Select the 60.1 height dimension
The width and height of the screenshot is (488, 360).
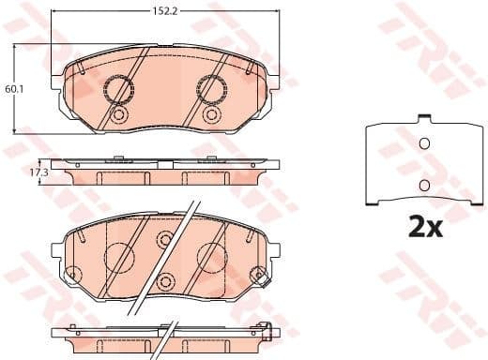point(12,89)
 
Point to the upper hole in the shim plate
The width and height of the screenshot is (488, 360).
point(422,143)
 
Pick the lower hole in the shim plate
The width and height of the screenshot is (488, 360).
point(422,184)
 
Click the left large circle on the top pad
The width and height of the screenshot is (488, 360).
point(118,90)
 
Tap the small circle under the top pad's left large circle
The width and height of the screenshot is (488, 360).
point(118,116)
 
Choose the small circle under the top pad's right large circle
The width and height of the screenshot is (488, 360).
point(212,116)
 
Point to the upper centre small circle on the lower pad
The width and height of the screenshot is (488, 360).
point(165,240)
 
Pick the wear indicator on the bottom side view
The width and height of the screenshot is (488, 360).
point(267,330)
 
